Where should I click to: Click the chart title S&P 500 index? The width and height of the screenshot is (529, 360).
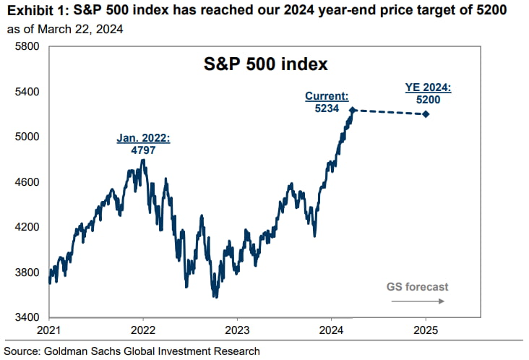264,64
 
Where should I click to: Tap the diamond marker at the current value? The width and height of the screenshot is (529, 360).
353,110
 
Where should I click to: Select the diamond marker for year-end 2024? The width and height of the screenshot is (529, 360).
426,114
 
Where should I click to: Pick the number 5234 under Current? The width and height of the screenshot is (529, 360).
327,107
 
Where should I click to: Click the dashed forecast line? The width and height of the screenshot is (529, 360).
390,112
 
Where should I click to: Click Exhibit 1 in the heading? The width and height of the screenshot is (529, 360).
36,12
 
